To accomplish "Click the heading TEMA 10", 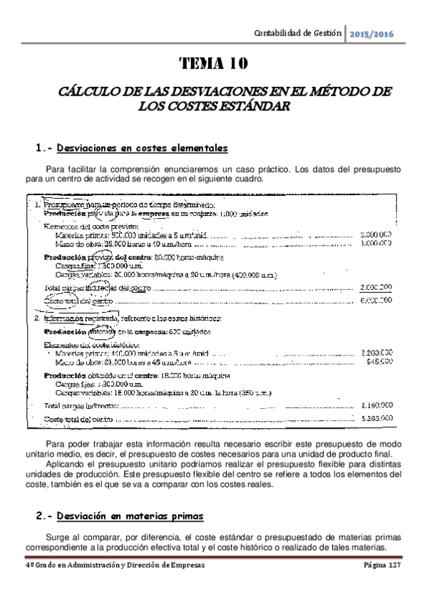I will click(214, 65).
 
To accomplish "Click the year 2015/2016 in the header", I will click(373, 34).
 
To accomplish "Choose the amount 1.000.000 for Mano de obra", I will click(377, 243).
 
